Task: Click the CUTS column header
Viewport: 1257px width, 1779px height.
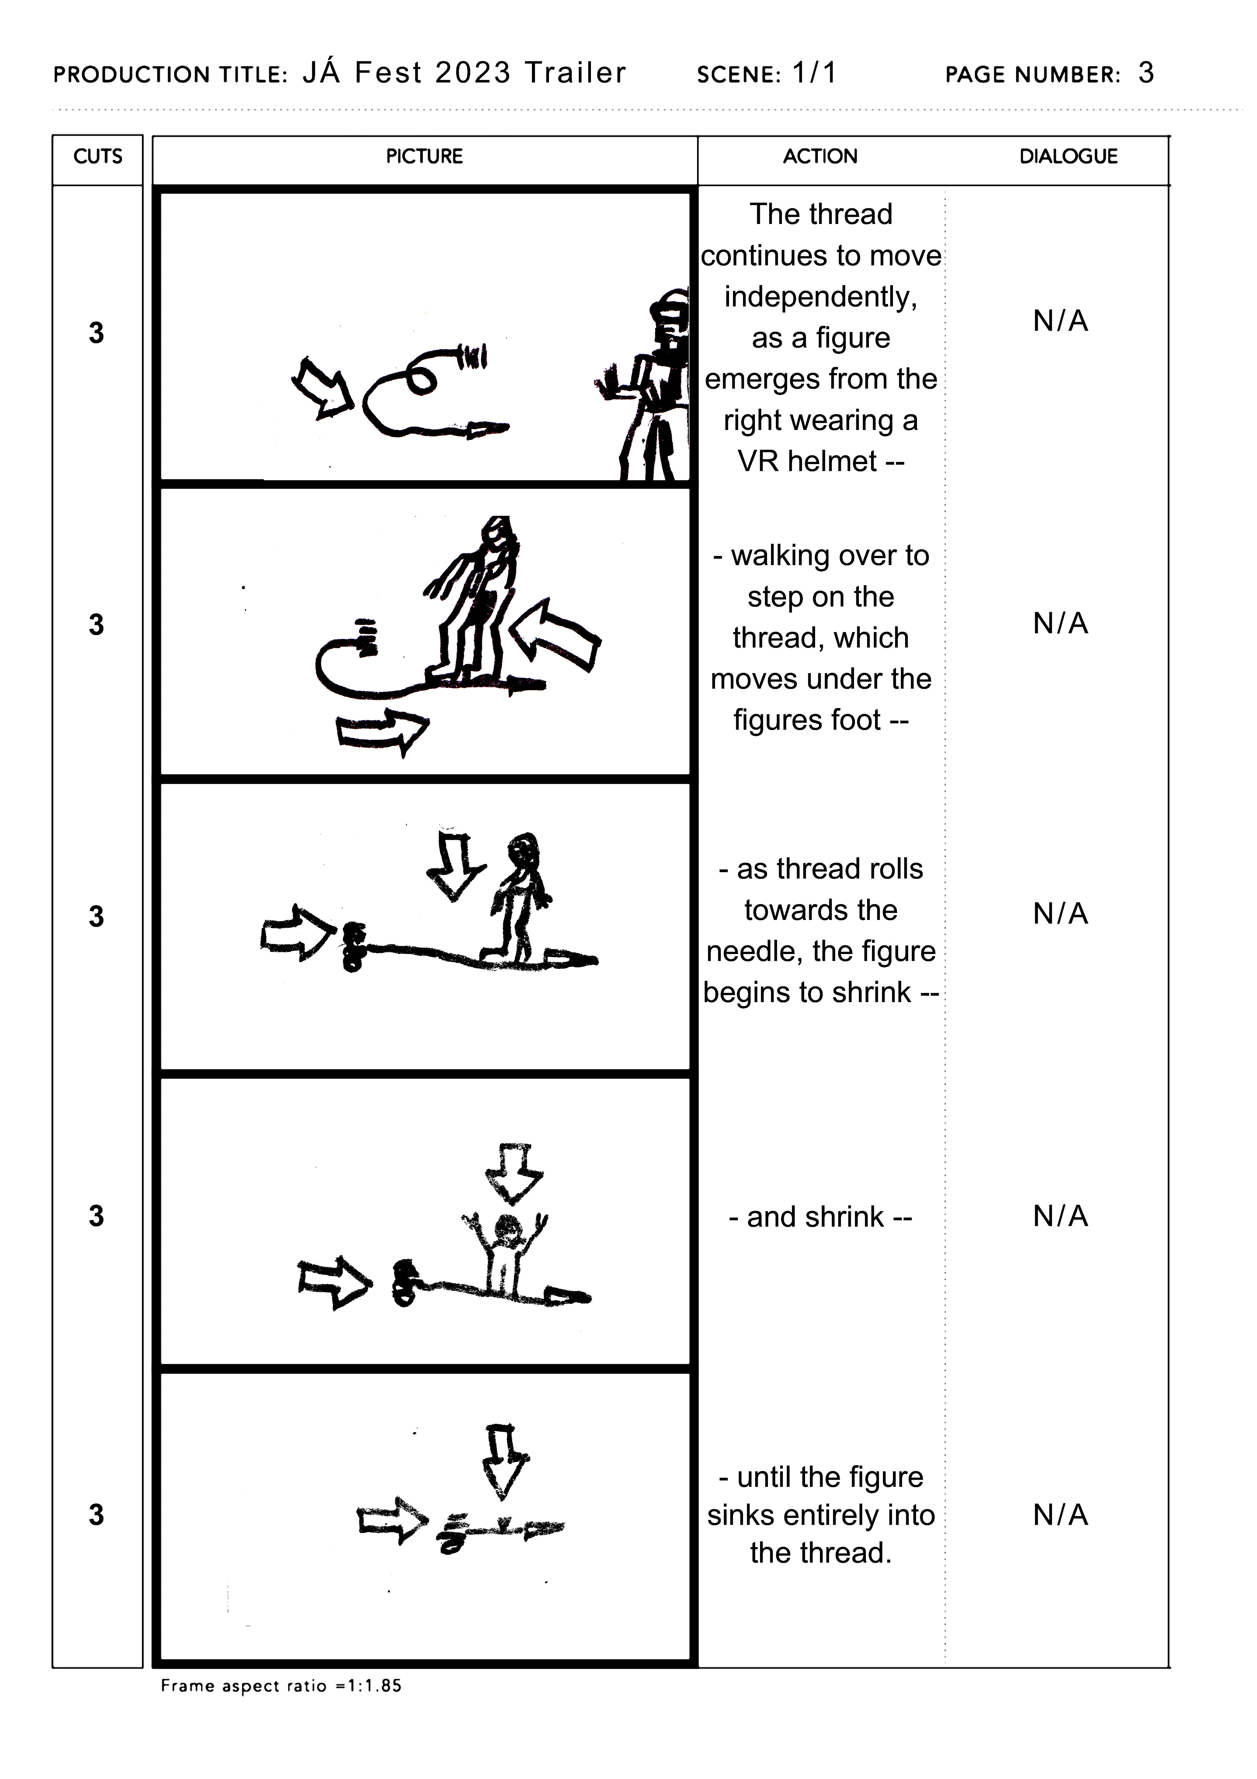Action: (x=98, y=157)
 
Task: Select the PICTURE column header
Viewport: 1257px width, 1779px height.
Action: (x=425, y=157)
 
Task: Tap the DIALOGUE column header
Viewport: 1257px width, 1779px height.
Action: (x=1068, y=157)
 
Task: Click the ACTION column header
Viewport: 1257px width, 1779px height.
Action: (x=820, y=157)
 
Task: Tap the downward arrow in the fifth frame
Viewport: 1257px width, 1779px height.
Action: (x=504, y=1461)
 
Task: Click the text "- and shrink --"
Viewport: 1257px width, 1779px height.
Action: (x=820, y=1216)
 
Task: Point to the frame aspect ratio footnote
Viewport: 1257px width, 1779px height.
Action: (x=281, y=1686)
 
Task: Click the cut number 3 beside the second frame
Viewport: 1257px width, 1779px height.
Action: (x=96, y=625)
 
